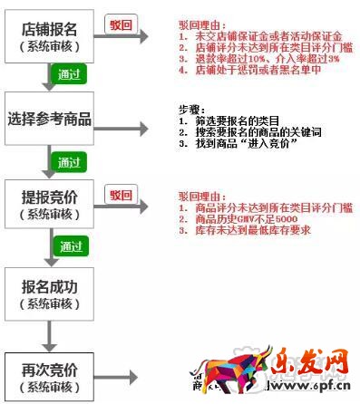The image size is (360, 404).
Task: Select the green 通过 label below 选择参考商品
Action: pyautogui.click(x=69, y=162)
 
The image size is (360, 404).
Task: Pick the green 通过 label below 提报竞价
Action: pyautogui.click(x=69, y=245)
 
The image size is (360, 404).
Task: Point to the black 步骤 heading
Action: pyautogui.click(x=193, y=109)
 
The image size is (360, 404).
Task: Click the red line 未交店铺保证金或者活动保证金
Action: pyautogui.click(x=259, y=35)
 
